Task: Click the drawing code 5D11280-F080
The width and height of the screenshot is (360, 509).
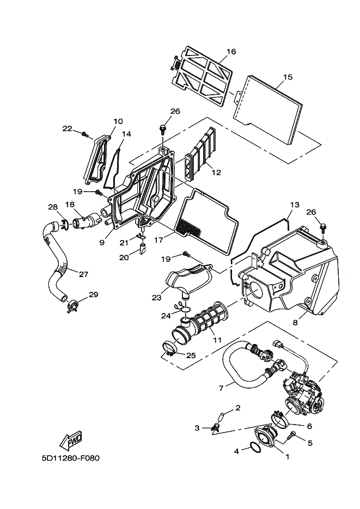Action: point(70,458)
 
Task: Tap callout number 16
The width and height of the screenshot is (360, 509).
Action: point(231,51)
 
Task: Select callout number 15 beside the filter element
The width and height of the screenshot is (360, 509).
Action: point(288,77)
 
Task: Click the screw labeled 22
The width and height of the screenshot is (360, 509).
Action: point(86,134)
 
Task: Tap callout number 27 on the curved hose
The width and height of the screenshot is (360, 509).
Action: point(83,274)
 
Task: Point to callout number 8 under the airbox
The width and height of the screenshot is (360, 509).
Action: point(295,323)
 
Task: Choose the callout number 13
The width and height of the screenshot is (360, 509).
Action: point(295,205)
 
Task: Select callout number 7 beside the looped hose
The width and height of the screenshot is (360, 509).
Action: point(221,388)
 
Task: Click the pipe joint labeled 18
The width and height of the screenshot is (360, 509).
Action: point(86,220)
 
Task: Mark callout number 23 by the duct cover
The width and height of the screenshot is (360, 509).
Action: point(156,297)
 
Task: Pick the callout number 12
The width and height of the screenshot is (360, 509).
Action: point(216,173)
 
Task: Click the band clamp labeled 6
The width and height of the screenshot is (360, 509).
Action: point(280,421)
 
